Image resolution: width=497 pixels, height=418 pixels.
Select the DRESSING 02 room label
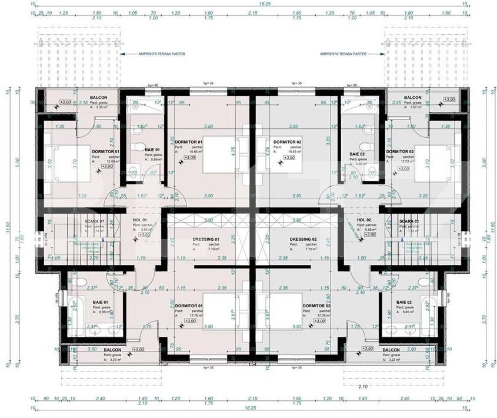[x=303, y=240]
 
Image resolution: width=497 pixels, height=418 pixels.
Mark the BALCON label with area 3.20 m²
[x=99, y=97]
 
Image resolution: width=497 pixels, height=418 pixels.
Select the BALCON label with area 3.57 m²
[x=412, y=97]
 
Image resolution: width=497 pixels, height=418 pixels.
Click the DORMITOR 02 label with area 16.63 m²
[x=283, y=142]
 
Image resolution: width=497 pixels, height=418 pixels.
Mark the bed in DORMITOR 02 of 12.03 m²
[x=436, y=163]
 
